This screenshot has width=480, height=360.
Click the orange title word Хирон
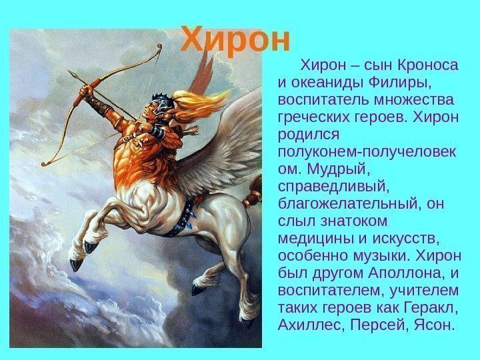(x=237, y=40)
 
